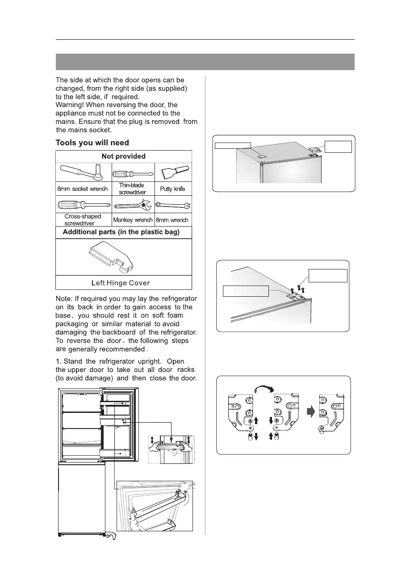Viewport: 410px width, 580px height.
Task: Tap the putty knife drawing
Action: click(x=173, y=173)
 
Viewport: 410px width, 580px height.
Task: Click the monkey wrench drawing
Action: click(x=133, y=206)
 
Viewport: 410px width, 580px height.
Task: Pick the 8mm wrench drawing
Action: click(x=173, y=206)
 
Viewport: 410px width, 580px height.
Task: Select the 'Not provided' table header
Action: click(x=123, y=156)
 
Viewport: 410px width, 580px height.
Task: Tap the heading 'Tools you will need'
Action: click(x=92, y=143)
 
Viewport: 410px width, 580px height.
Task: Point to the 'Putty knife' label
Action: click(x=173, y=189)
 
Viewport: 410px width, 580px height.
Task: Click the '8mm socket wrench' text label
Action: click(x=83, y=189)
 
